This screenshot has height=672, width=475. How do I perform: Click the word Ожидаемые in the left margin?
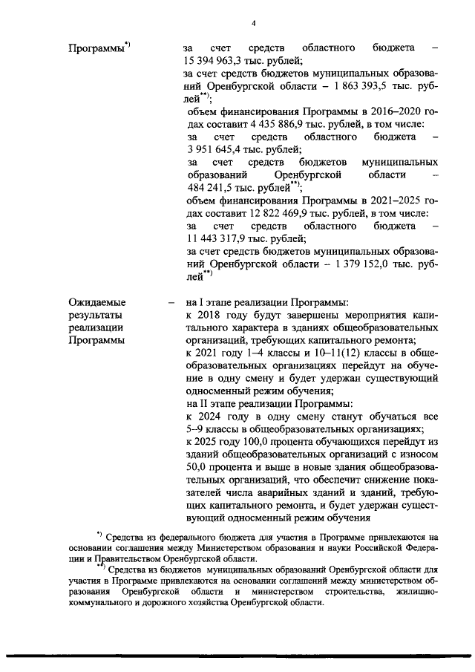(96, 302)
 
